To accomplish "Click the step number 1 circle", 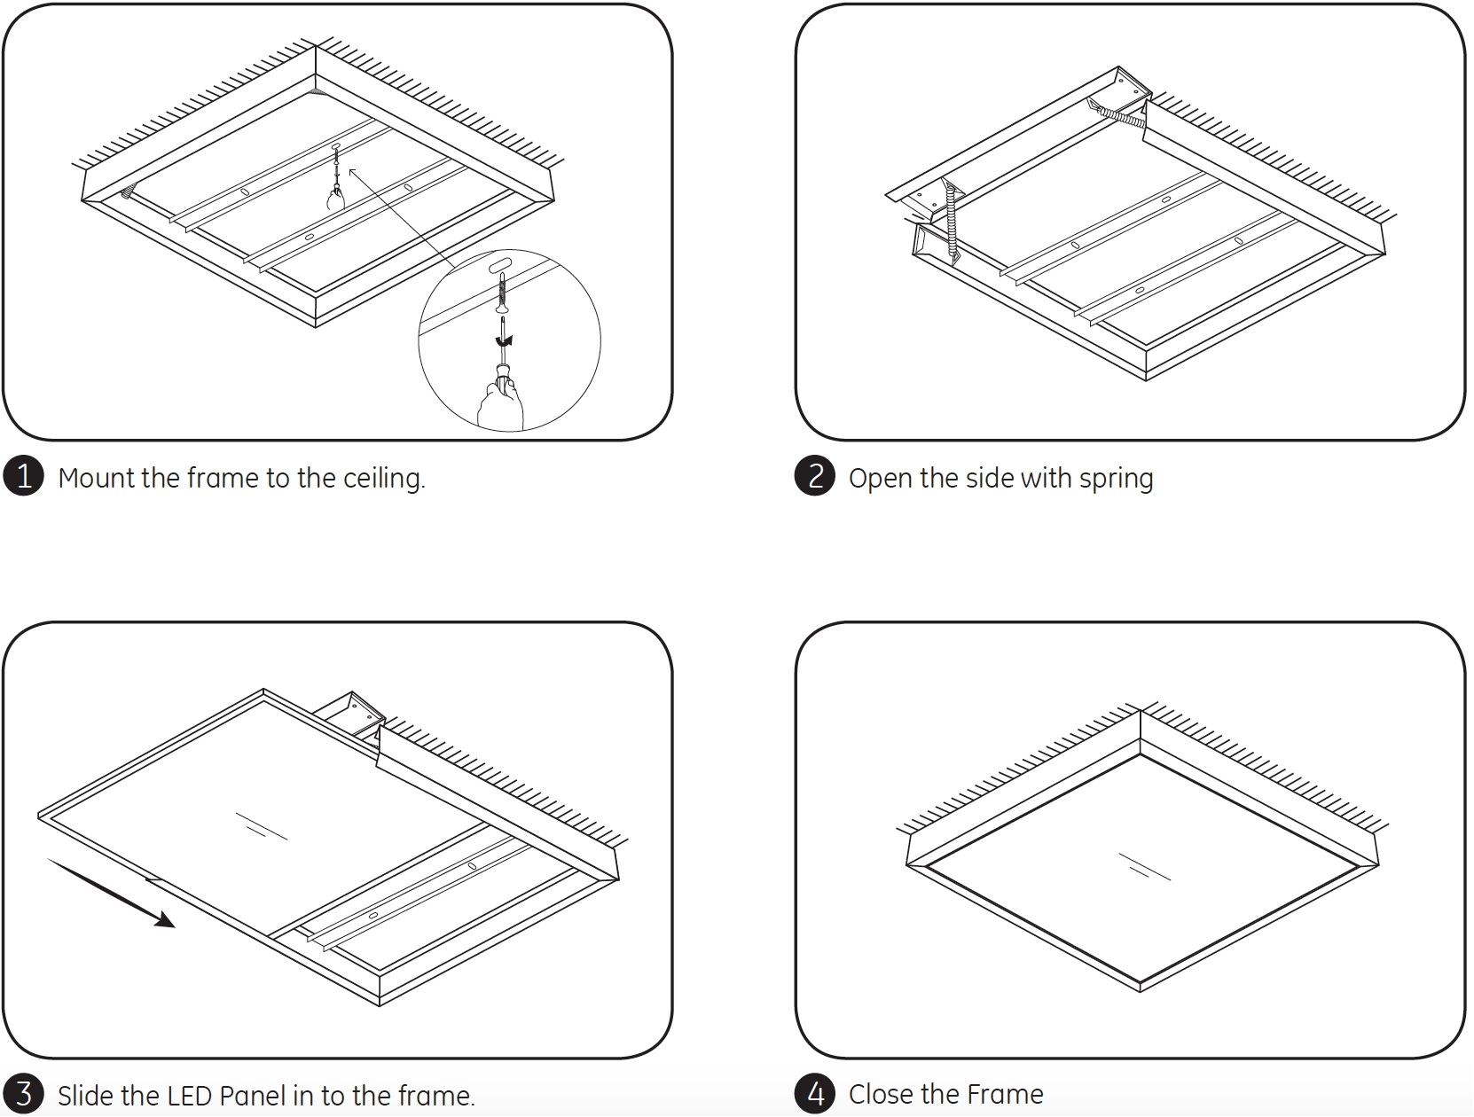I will tap(23, 476).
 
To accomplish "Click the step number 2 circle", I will tap(814, 476).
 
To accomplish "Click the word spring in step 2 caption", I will tap(1116, 480).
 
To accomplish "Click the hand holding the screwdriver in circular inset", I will tap(499, 403).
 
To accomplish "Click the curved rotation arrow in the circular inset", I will tap(504, 340).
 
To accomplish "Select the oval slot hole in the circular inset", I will tap(502, 265).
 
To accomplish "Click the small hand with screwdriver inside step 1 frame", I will tap(335, 197).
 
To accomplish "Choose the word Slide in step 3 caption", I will tap(85, 1096).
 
